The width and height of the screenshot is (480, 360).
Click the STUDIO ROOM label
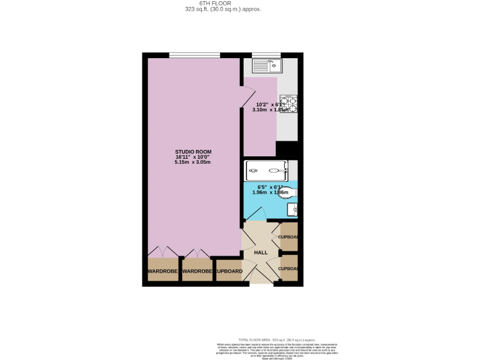click(x=192, y=152)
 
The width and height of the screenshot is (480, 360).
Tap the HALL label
click(x=261, y=252)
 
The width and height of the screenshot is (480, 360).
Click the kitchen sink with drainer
click(x=267, y=65)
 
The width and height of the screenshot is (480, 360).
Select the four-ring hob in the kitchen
click(x=288, y=104)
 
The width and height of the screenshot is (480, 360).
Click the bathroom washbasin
click(x=291, y=209)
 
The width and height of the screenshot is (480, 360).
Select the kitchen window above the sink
click(x=266, y=54)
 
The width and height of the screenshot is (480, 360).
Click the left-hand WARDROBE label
click(x=163, y=271)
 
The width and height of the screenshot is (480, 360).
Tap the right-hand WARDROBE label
click(x=197, y=271)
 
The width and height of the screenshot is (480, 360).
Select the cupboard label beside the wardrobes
click(x=229, y=271)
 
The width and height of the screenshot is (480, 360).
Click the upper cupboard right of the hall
click(x=289, y=237)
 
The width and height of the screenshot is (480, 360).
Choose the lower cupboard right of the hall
click(x=289, y=268)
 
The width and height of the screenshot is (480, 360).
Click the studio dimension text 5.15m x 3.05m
click(x=192, y=162)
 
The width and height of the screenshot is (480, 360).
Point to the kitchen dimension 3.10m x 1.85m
click(x=270, y=109)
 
